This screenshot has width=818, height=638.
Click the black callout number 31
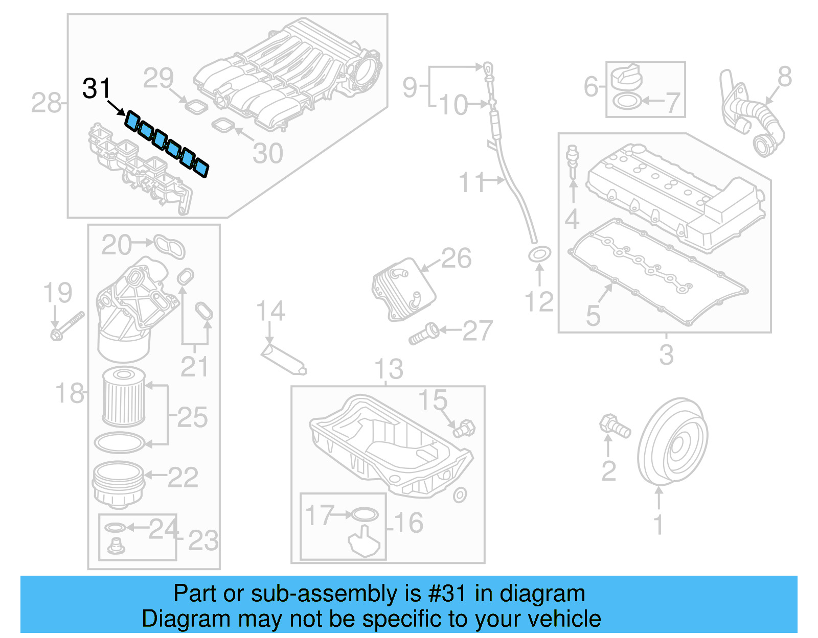pyautogui.click(x=96, y=89)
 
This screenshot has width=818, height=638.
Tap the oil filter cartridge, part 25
pyautogui.click(x=123, y=397)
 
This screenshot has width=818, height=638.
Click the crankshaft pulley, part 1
pyautogui.click(x=673, y=442)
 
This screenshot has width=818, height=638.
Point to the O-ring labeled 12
pyautogui.click(x=539, y=253)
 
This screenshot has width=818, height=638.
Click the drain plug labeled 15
pyautogui.click(x=464, y=428)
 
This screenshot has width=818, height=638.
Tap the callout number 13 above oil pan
pyautogui.click(x=389, y=369)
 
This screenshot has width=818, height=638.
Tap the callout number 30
pyautogui.click(x=268, y=154)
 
